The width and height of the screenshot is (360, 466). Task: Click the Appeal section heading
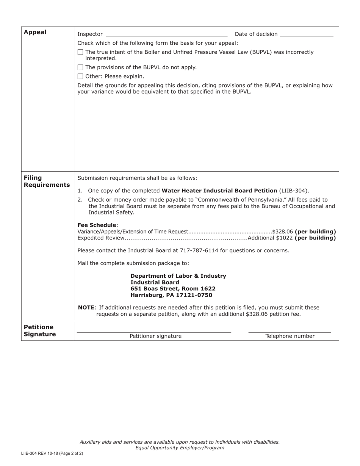click(35, 32)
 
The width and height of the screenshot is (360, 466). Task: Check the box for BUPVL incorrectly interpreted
click(80, 52)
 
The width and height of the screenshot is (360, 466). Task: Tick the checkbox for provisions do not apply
click(80, 67)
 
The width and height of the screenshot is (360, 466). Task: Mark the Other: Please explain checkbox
click(80, 77)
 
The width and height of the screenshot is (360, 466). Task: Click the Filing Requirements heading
click(47, 181)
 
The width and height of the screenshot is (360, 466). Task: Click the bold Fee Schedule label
click(97, 225)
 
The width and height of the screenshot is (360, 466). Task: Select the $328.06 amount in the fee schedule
click(282, 231)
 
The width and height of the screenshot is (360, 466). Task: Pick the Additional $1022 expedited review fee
click(270, 238)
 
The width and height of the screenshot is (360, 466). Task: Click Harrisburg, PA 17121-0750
click(171, 295)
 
